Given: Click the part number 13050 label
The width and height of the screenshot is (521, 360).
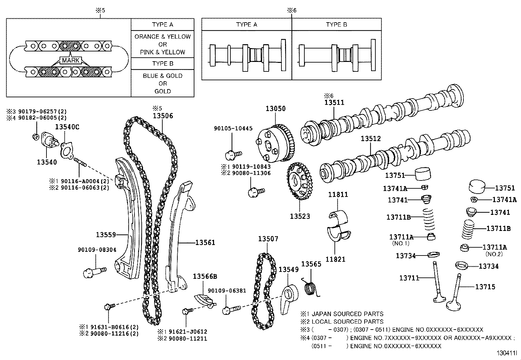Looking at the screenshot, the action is [275, 108].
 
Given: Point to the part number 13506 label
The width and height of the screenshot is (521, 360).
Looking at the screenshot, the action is [163, 116].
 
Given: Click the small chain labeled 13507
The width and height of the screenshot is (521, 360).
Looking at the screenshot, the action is [263, 292].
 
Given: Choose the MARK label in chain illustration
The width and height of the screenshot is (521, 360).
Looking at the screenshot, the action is [71, 60].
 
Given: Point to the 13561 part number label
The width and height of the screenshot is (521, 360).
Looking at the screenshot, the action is [205, 242].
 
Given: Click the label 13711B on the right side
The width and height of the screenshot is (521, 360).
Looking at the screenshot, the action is [498, 229].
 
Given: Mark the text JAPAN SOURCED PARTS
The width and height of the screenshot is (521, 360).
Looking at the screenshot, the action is [347, 314].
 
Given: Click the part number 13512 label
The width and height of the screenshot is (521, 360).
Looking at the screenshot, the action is [371, 139].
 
